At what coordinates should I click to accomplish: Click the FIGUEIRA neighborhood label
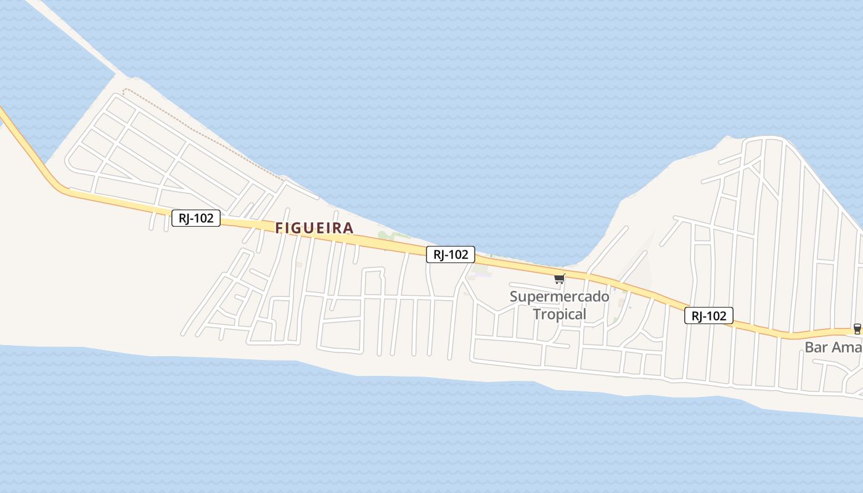coord(314,228)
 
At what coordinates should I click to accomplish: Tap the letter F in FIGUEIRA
coord(279,228)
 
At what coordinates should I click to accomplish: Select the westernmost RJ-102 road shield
coord(196,218)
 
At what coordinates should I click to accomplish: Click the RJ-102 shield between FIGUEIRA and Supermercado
coord(451,254)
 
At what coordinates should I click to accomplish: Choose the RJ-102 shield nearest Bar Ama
coord(709,316)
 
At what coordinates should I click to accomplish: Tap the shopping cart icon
coord(559,279)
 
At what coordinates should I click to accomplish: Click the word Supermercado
coord(559,296)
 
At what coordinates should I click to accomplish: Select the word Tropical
coord(559,314)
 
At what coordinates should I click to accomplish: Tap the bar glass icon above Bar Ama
coord(857,329)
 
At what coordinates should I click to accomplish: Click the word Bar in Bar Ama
coord(816,347)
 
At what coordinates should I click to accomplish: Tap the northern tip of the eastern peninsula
coord(764,139)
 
